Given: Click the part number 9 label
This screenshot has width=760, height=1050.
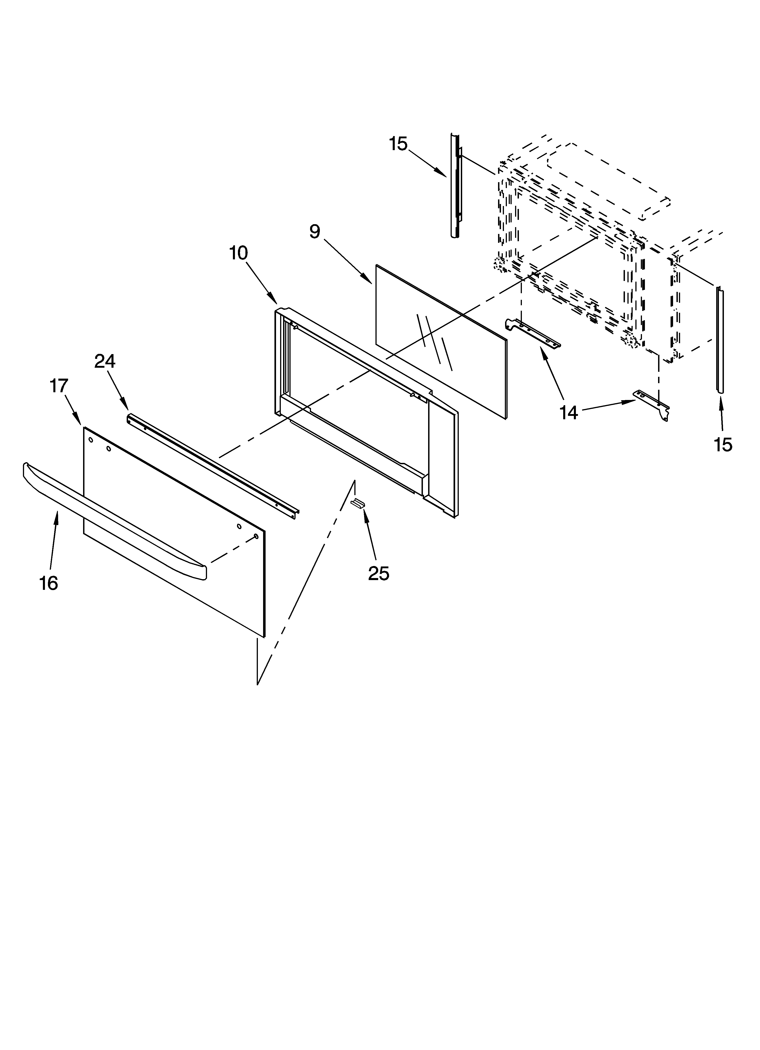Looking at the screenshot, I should [x=315, y=231].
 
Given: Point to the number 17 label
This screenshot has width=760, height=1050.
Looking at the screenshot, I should [x=59, y=386].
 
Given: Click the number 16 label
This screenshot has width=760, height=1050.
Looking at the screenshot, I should [x=49, y=583].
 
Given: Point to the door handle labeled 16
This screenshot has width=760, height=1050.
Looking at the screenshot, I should [x=111, y=519].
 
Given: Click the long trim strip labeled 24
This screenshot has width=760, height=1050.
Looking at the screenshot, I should [x=213, y=463].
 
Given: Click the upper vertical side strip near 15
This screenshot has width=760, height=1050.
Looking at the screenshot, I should [x=455, y=185].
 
